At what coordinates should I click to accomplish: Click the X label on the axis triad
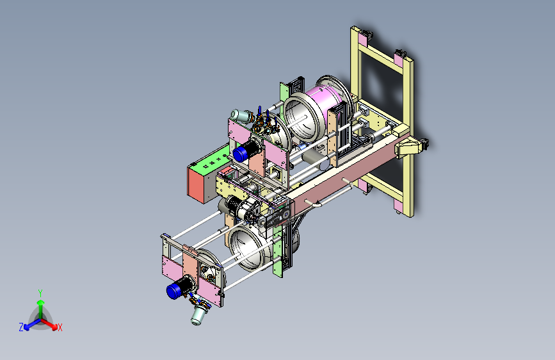click(60, 327)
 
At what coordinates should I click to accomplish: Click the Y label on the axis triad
click(40, 293)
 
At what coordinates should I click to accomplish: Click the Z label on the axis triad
click(21, 327)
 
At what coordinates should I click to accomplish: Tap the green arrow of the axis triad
click(41, 308)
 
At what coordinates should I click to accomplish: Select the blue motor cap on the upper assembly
click(239, 154)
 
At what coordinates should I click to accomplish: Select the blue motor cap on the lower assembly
click(173, 291)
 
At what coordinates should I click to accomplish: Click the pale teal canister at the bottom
click(198, 315)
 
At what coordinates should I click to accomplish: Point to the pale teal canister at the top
click(239, 115)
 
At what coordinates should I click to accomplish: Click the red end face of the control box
click(197, 184)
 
